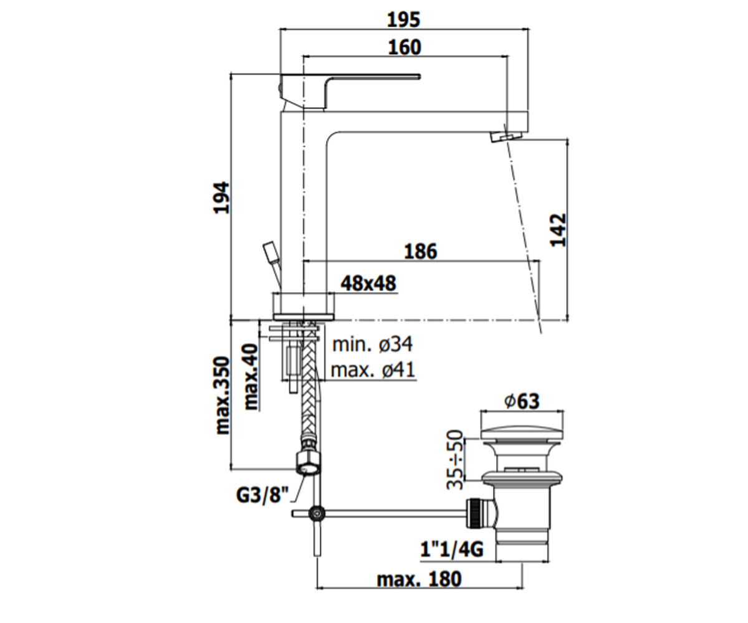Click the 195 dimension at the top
pos(403,20)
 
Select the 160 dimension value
pos(405,47)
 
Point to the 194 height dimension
pos(222,198)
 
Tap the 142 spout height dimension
pos(558,231)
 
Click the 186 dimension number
pos(421,252)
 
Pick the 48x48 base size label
pos(368,283)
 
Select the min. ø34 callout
pos(373,344)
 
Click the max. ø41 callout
pos(373,369)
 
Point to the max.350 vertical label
pos(222,396)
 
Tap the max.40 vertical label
pos(251,377)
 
